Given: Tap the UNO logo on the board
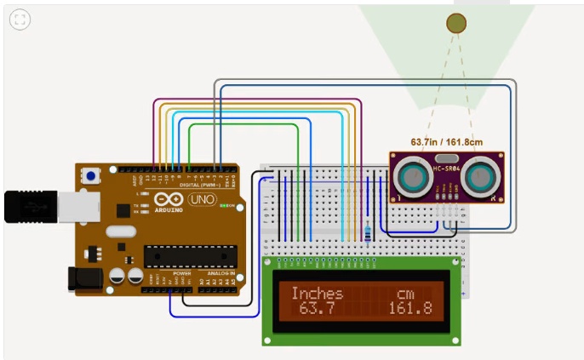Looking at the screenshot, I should [202, 199].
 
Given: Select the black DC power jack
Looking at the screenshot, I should [84, 277].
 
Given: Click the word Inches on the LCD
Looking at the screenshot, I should [317, 294].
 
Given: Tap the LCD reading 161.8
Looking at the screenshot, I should [410, 307].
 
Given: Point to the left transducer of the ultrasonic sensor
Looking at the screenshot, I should [413, 176].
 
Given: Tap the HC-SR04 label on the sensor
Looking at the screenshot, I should [447, 169].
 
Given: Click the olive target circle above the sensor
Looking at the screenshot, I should [457, 23].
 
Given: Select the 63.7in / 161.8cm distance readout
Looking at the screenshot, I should [447, 142].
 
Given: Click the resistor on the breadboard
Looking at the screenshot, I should [367, 232].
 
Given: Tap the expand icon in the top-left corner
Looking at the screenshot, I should [20, 20].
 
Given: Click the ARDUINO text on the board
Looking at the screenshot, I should [169, 209].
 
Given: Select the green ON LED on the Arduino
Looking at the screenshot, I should [226, 206].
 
